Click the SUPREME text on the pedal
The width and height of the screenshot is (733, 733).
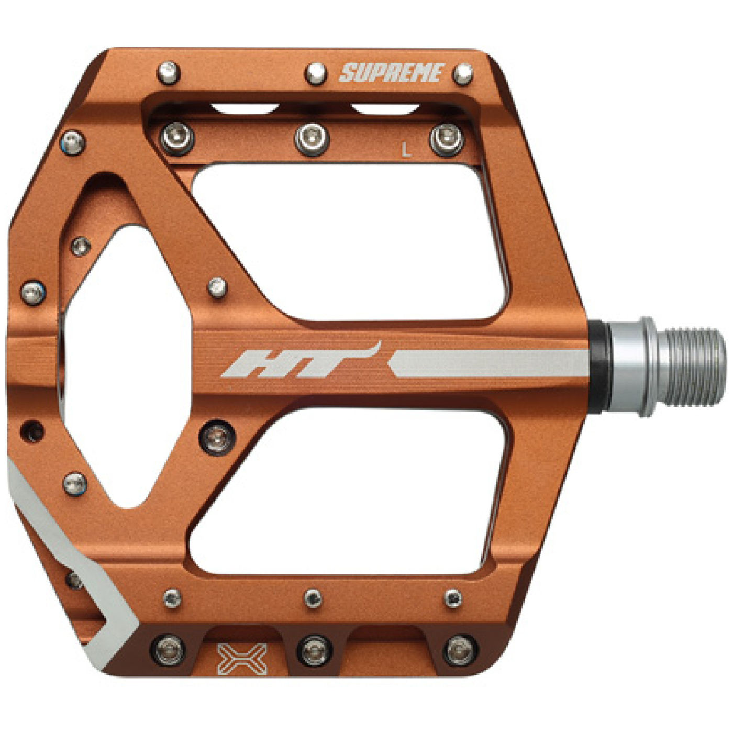coord(392,73)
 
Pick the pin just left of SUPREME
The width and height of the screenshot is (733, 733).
coord(316,74)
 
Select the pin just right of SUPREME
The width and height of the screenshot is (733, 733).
coord(463,73)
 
